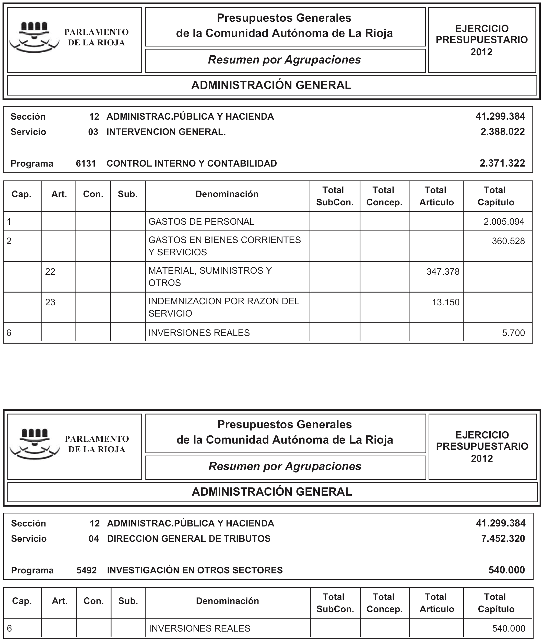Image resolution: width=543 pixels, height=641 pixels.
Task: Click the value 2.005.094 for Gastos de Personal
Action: tap(504, 222)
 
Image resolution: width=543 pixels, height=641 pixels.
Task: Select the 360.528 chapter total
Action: tap(508, 241)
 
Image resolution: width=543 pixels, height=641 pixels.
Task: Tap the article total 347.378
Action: tap(443, 272)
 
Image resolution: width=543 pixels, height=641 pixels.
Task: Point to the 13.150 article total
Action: tap(445, 303)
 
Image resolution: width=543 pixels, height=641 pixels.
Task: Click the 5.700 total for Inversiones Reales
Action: tap(513, 333)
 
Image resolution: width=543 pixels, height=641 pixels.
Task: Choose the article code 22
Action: tap(50, 272)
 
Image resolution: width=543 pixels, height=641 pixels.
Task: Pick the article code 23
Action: tap(50, 303)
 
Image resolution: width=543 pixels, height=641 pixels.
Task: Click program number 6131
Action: tap(86, 164)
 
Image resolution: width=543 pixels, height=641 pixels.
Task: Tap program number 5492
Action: tap(87, 570)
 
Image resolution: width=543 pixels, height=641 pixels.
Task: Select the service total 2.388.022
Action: tap(502, 132)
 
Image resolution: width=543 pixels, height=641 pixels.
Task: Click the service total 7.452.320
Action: tap(503, 539)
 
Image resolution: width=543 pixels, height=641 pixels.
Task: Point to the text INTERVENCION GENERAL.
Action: tap(166, 132)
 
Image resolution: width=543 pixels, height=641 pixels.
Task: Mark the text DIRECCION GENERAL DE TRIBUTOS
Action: tap(189, 539)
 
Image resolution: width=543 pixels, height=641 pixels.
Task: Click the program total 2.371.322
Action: tap(502, 163)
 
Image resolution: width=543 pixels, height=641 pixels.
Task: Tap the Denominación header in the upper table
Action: tap(227, 194)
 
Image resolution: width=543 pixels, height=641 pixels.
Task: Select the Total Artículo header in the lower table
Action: tap(436, 603)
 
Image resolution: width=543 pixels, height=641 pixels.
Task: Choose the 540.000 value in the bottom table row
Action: tap(509, 629)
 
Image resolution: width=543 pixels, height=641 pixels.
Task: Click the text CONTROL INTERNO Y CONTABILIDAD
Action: tap(192, 164)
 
